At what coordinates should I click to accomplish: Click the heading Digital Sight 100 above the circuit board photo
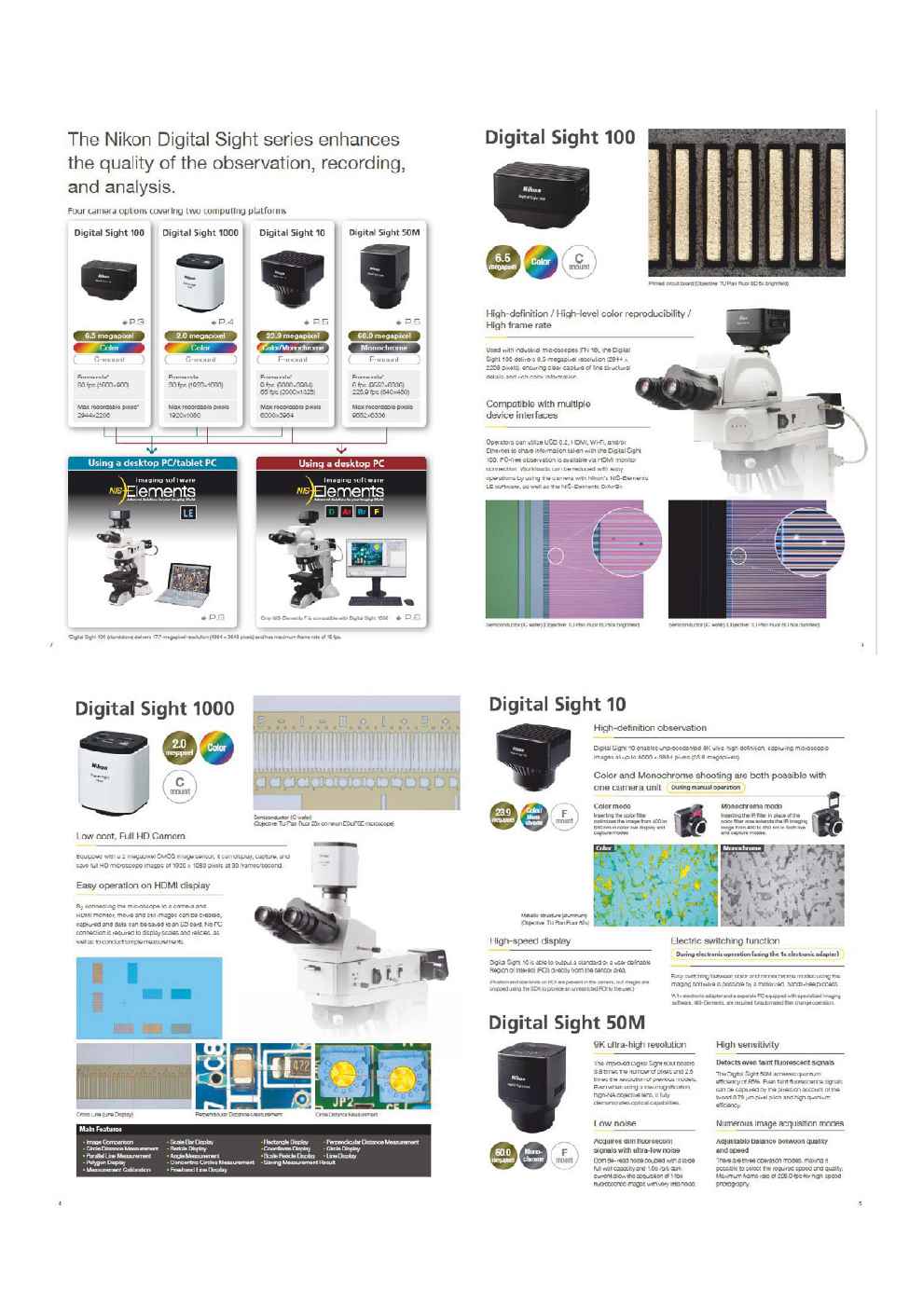click(x=559, y=138)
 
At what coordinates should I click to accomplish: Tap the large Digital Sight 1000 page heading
click(x=155, y=708)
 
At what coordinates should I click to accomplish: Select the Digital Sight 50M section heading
click(x=566, y=1023)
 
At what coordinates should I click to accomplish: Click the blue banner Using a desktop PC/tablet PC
click(x=150, y=463)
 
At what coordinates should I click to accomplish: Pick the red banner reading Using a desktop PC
click(x=341, y=463)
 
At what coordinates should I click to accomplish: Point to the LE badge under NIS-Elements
click(x=187, y=512)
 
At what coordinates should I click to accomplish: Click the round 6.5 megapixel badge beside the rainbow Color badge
click(x=503, y=261)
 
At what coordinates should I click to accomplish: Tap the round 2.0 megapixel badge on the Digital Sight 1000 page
click(x=179, y=748)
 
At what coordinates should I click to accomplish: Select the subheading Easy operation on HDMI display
click(x=143, y=886)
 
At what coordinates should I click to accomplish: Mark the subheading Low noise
click(x=615, y=1123)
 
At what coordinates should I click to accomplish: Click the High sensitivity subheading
click(x=748, y=1045)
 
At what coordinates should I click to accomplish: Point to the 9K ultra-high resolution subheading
click(x=640, y=1045)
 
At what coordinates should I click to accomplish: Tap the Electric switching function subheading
click(x=724, y=941)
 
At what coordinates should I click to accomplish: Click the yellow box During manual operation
click(x=706, y=788)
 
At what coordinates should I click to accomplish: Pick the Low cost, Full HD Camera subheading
click(x=131, y=836)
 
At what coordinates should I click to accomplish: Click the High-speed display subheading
click(x=530, y=941)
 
